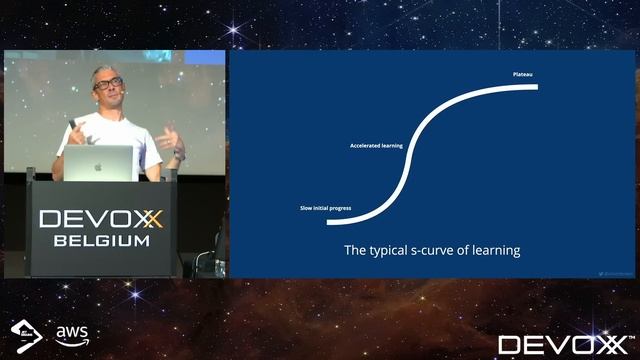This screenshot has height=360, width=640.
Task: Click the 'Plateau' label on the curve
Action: [x=522, y=74]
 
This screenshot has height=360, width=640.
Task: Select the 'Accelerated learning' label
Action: [x=376, y=146]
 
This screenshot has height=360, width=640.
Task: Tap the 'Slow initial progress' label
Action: [x=325, y=208]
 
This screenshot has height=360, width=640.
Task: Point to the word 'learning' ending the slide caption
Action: [x=497, y=250]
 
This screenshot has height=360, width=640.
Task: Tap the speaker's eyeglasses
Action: [x=108, y=84]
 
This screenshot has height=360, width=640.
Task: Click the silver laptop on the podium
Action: [x=99, y=164]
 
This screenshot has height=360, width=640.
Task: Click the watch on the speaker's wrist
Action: [x=178, y=155]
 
